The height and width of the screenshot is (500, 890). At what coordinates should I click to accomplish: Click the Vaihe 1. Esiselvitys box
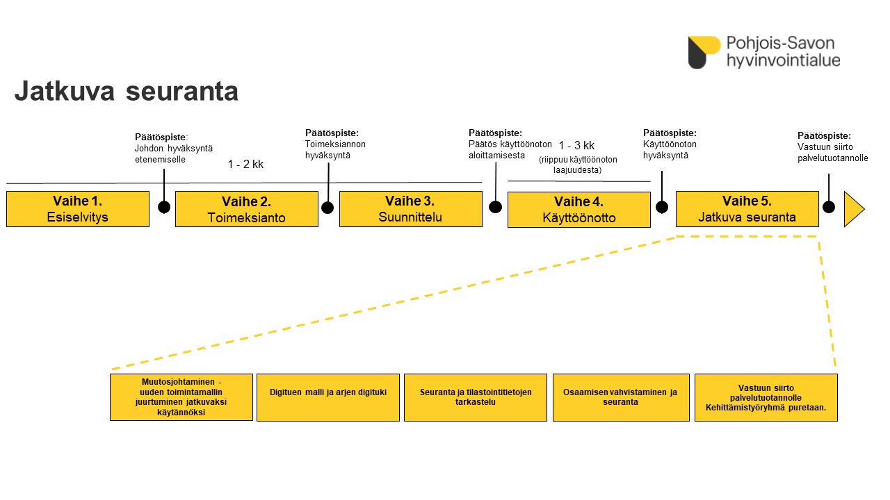(x=78, y=209)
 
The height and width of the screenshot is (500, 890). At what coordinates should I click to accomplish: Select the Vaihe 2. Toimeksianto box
(x=247, y=209)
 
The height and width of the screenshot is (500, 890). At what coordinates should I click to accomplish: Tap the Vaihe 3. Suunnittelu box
(x=411, y=209)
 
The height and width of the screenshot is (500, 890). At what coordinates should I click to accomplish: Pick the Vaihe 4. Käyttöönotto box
(x=579, y=210)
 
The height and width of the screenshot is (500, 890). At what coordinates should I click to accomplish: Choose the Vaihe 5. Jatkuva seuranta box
(x=747, y=209)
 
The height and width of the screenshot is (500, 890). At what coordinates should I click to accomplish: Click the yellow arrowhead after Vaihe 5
(x=853, y=209)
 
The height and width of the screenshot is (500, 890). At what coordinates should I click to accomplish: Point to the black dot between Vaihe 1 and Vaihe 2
(x=164, y=207)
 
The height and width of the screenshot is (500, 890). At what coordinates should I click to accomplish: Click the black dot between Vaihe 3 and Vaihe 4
(x=496, y=207)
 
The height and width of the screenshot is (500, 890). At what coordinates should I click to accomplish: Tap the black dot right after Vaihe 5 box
(x=829, y=207)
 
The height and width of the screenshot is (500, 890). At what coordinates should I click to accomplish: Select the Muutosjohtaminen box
(x=181, y=397)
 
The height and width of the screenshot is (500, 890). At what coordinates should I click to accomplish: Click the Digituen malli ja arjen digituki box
(x=328, y=397)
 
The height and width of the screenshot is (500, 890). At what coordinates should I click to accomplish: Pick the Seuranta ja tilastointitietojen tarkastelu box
(x=476, y=397)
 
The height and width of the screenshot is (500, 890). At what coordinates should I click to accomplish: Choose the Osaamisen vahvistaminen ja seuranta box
(x=622, y=397)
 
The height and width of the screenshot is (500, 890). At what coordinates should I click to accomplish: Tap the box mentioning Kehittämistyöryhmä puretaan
(x=766, y=397)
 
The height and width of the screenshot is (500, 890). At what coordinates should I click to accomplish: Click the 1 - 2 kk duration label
(x=245, y=165)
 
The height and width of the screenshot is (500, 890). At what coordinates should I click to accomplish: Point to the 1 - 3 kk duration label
(x=576, y=146)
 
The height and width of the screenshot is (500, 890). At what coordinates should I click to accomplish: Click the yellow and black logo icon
(x=704, y=52)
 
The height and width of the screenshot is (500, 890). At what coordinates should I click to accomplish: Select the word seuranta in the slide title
(x=182, y=91)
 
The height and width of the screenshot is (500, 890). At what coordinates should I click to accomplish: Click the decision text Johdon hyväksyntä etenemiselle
(x=174, y=154)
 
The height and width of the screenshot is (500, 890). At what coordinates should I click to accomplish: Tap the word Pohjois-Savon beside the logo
(x=780, y=43)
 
